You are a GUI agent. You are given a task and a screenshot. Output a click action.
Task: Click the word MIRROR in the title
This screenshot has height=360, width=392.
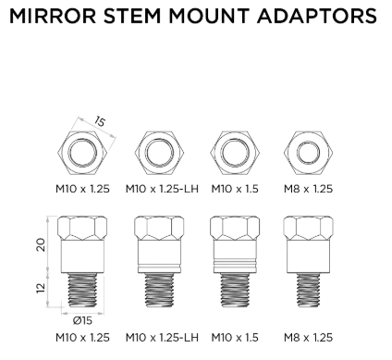click(53, 16)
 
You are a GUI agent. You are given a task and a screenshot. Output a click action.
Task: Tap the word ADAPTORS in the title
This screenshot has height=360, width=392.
click(317, 16)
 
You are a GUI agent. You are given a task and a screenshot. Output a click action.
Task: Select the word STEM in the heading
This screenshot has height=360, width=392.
click(132, 16)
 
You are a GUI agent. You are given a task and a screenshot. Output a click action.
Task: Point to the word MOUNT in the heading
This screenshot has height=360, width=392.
click(209, 16)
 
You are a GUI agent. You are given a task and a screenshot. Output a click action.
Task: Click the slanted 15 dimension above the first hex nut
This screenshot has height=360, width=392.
click(99, 121)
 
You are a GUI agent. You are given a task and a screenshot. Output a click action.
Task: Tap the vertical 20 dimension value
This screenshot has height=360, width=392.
click(41, 244)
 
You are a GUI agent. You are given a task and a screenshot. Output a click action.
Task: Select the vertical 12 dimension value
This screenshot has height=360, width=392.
click(41, 288)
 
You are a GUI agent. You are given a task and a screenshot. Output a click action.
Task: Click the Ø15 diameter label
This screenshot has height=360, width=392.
click(82, 321)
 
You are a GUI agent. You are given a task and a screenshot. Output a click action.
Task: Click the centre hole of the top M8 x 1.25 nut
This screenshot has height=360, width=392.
click(308, 153)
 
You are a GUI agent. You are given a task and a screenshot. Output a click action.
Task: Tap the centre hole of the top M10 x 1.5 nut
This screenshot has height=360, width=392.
click(235, 153)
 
